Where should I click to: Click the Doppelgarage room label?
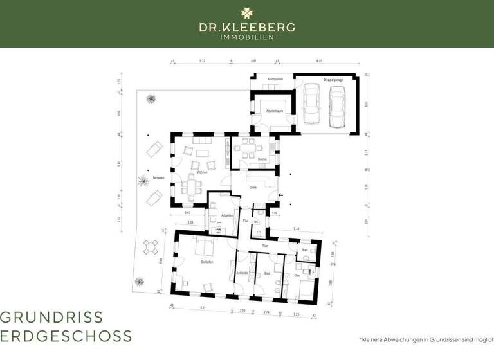point(334,79)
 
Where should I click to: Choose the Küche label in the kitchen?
point(262,158)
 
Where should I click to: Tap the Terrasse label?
point(159,178)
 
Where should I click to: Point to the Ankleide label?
point(242,273)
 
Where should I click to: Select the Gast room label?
point(297,274)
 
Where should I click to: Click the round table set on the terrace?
point(151,247)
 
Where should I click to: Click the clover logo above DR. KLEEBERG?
point(247,13)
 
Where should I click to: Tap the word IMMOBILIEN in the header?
point(247,37)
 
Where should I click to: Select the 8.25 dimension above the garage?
point(319,61)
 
